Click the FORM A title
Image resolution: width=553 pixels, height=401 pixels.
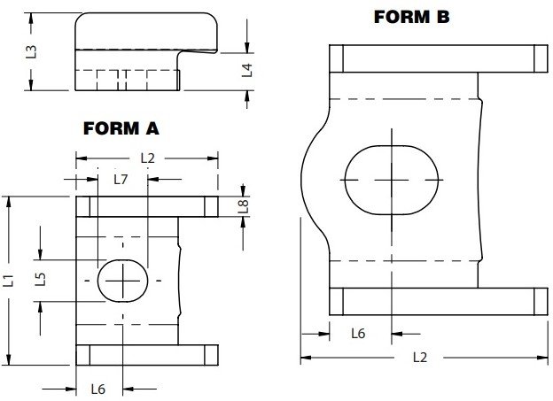point(121,128)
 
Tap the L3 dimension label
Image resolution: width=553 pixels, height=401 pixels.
point(32,50)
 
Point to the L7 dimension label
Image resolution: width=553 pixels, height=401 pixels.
point(121,179)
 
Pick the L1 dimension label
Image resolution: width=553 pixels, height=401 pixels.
point(9,281)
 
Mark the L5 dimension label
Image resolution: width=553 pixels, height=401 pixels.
point(40,280)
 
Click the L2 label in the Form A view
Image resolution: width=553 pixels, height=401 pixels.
point(147,158)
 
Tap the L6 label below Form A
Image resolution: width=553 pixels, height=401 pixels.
point(98,389)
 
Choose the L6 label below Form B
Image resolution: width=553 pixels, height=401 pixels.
point(358,334)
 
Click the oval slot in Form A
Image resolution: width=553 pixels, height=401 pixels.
point(121,281)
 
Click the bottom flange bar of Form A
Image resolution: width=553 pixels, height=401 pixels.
point(147,356)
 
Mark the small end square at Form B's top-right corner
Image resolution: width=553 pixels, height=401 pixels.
point(537,58)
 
